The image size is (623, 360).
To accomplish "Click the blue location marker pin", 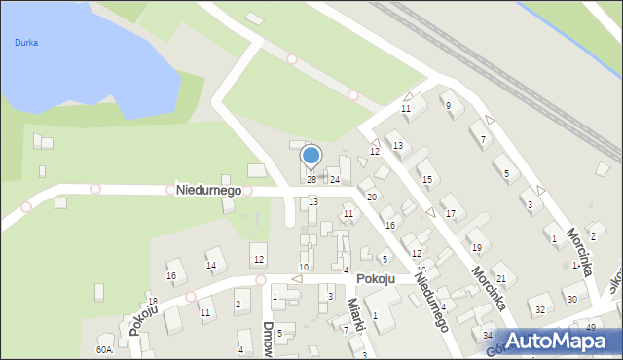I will [x=311, y=156].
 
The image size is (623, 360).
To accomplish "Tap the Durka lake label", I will [x=26, y=43].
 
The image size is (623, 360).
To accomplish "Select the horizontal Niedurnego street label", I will [x=208, y=190].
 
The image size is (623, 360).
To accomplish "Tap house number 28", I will [x=311, y=180].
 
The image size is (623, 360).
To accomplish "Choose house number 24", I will [x=334, y=180].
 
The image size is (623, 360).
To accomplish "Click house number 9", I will [x=448, y=105].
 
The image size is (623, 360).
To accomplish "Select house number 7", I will [x=484, y=140].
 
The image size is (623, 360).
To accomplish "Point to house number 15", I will [x=426, y=180].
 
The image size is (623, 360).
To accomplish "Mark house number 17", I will [x=449, y=213].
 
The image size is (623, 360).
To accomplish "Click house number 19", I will [x=475, y=248].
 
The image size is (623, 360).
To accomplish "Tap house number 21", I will [x=500, y=279].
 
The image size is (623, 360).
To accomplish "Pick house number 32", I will [x=539, y=309].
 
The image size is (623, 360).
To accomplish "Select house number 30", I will [x=571, y=299].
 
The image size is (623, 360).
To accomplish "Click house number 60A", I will [x=104, y=349].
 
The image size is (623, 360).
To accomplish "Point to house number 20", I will [x=371, y=198].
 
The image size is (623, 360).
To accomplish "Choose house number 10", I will [x=304, y=267].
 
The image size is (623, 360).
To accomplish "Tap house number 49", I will [x=591, y=327].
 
